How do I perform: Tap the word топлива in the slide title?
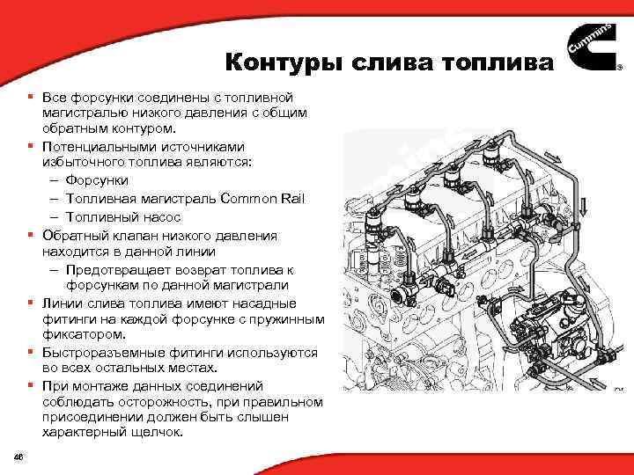(x=502, y=62)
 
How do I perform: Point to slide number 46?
(x=18, y=454)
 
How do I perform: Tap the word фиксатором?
(x=75, y=335)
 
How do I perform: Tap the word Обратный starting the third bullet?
(x=70, y=236)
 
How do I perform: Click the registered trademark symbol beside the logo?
(x=619, y=78)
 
